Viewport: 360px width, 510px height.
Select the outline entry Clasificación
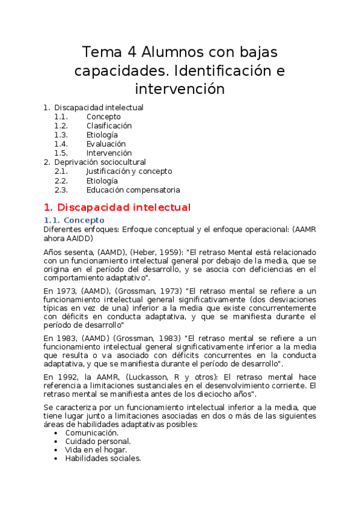pos(109,126)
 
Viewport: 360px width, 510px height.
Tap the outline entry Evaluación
pos(106,144)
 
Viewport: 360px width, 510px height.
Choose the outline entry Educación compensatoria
pos(133,189)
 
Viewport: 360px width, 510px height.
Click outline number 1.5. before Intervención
pos(61,153)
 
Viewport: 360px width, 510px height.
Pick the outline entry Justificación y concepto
pos(129,171)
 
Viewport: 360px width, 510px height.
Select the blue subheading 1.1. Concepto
pos(75,220)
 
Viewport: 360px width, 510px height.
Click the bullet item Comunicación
pos(91,432)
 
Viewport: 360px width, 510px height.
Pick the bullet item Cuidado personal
pos(97,441)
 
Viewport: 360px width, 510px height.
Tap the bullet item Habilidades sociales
pos(103,458)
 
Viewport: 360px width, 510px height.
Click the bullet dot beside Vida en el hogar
pos(56,449)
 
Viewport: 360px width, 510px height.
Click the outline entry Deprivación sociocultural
pos(100,162)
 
